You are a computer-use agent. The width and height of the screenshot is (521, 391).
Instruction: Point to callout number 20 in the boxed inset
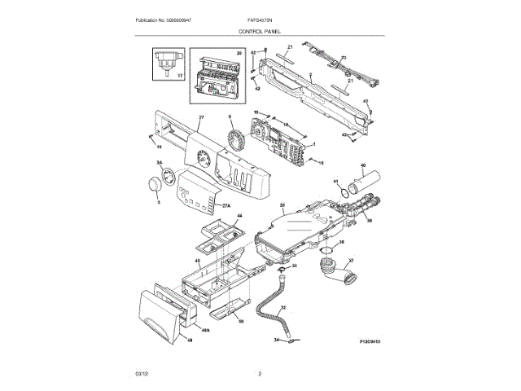click(239, 53)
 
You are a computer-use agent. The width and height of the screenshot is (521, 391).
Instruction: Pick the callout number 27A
click(226, 205)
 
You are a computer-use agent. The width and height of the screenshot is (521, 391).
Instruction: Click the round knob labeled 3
click(152, 189)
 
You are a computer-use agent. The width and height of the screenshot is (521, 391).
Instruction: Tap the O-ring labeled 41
click(347, 191)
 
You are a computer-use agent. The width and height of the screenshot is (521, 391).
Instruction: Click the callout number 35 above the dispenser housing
click(282, 204)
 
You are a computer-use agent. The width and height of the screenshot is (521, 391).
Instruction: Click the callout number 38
click(341, 242)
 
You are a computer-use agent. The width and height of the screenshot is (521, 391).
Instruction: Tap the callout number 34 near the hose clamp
click(275, 339)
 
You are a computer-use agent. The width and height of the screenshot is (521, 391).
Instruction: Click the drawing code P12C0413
click(370, 343)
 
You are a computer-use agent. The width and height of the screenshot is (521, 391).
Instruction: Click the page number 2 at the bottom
click(259, 374)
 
